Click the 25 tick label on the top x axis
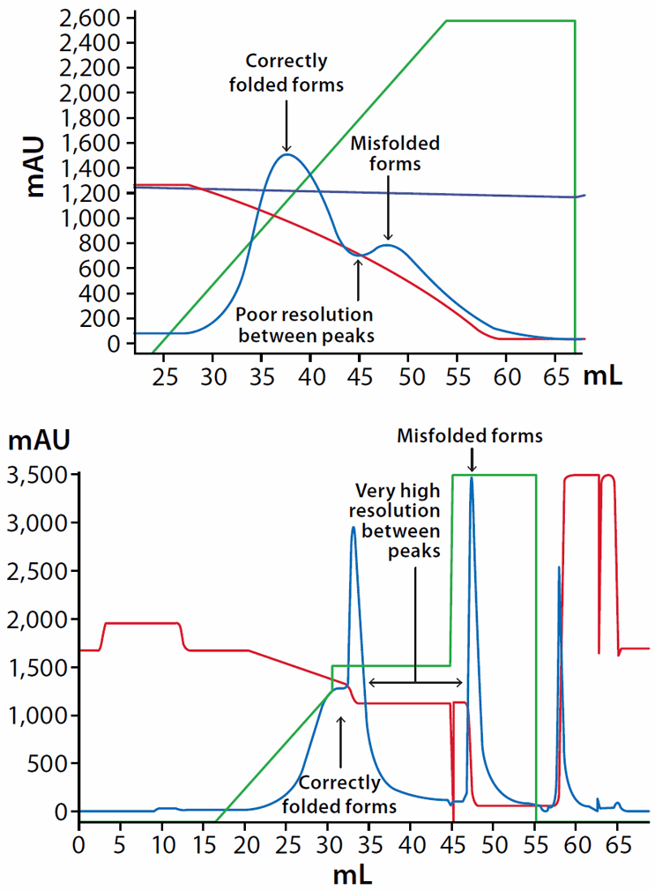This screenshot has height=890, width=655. tap(163, 377)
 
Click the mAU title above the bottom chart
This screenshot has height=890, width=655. tap(36, 437)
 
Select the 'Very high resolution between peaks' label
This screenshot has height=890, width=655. tap(397, 520)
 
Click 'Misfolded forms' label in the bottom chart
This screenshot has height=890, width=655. tap(470, 435)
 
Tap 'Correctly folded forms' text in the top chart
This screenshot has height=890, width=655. tap(287, 73)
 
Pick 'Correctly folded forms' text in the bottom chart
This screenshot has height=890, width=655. tap(339, 793)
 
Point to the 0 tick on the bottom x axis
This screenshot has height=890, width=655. tap(79, 832)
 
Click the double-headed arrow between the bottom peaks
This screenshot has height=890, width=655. tap(415, 682)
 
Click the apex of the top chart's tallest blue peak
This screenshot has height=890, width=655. tap(287, 155)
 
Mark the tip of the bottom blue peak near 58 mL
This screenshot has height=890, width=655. tap(559, 567)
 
